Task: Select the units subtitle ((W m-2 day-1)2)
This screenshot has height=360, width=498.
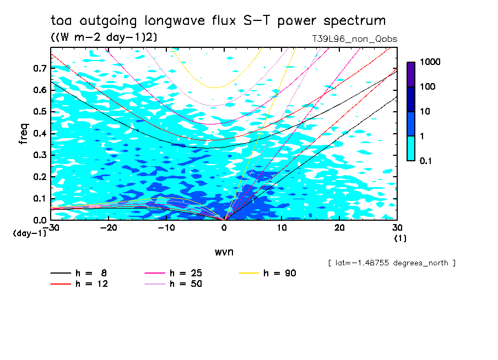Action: tap(102, 37)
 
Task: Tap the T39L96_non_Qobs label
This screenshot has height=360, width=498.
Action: tap(354, 39)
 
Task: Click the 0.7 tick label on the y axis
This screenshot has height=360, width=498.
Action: tap(39, 68)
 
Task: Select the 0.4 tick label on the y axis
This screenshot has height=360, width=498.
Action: tap(39, 134)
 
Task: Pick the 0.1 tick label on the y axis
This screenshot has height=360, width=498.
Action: tap(39, 199)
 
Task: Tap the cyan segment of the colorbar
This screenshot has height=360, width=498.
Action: tap(411, 148)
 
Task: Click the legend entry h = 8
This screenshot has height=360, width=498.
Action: tap(80, 273)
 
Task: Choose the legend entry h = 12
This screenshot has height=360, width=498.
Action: tap(80, 284)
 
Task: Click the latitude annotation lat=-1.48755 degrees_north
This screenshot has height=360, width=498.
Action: tap(392, 263)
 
